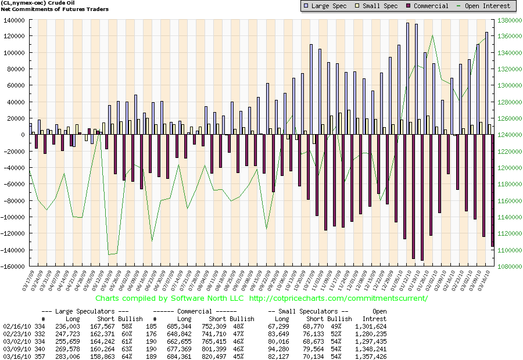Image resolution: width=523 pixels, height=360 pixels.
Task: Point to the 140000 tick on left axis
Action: [x=13, y=20]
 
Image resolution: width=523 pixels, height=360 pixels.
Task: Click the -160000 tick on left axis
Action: [x=12, y=267]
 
